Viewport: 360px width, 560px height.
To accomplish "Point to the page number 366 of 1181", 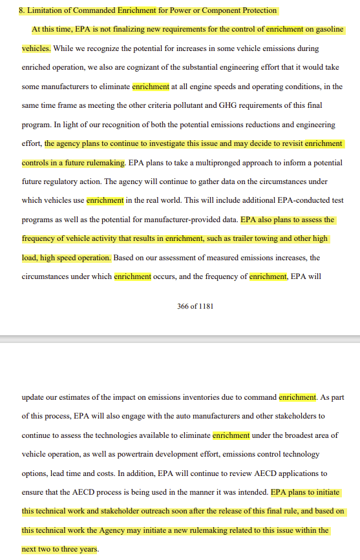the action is (x=195, y=306).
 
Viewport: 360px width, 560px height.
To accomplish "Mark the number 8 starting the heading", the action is (x=21, y=10).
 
